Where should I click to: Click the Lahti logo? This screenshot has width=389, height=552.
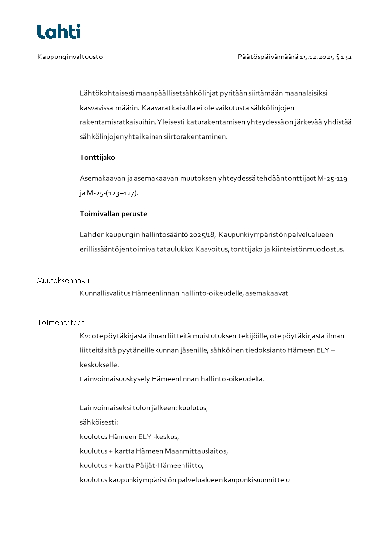(x=58, y=31)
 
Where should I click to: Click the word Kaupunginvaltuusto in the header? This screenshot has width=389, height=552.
(x=70, y=57)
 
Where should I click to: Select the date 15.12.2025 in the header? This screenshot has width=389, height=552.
(x=316, y=57)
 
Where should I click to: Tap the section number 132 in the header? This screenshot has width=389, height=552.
(x=346, y=57)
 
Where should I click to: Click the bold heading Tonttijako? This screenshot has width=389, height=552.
(x=97, y=158)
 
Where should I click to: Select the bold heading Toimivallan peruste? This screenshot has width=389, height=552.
(x=113, y=214)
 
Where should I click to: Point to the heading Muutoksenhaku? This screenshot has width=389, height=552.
(x=63, y=281)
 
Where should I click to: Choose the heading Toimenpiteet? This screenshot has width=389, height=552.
(x=61, y=323)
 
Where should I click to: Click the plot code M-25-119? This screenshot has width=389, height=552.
(x=332, y=179)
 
